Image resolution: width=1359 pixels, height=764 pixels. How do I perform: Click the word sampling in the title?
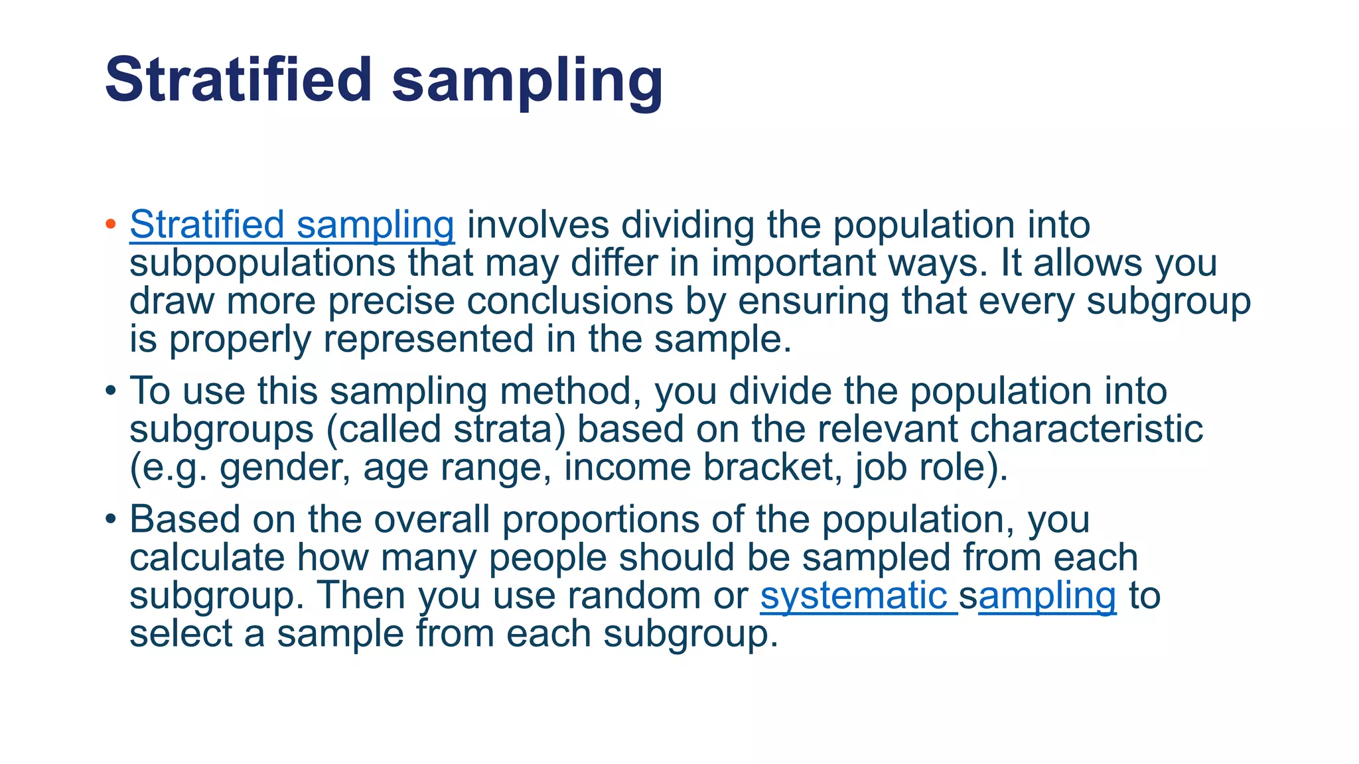point(528,83)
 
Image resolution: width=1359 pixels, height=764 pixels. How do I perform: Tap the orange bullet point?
point(111,224)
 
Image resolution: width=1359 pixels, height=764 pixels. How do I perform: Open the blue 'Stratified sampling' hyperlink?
point(292,225)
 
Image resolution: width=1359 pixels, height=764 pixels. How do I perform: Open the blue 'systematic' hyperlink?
point(854,596)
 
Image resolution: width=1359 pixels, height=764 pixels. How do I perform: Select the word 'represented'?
point(428,340)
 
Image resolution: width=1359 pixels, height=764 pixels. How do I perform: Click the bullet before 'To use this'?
point(111,391)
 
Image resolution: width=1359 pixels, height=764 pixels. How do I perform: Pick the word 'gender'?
point(285,468)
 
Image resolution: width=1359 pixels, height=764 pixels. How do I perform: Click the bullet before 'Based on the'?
point(111,519)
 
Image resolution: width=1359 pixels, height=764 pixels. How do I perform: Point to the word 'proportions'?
point(601,519)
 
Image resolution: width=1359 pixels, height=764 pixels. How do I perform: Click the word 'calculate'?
point(207,558)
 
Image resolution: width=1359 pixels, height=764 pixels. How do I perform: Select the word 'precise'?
point(392,302)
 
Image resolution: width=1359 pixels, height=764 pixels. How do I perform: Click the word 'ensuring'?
point(813,302)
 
